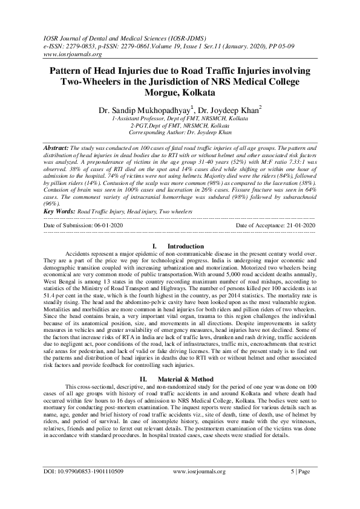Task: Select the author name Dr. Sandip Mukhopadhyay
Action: [x=142, y=110]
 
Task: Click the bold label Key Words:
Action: [x=59, y=195]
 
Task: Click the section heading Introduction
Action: [x=185, y=230]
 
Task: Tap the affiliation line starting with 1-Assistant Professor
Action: [x=180, y=120]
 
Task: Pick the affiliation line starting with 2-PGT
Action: [x=180, y=126]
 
